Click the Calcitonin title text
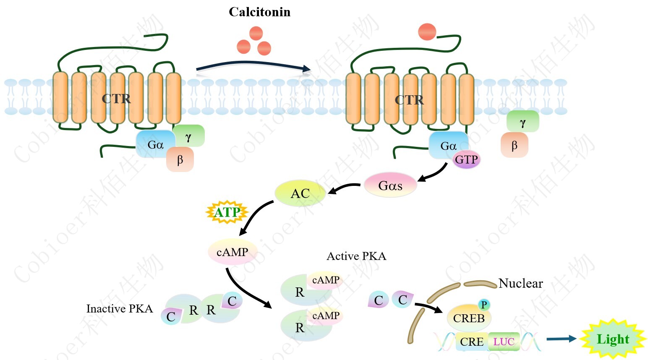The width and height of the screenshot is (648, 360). coord(259,12)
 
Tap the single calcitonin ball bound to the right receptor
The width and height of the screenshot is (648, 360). coord(427,32)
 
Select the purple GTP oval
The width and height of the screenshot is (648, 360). coord(466,160)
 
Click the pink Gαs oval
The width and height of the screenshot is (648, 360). coord(390,185)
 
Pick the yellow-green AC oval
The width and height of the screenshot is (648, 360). coord(300,193)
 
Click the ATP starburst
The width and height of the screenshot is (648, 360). coord(227,212)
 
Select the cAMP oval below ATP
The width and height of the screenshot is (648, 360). coord(233,252)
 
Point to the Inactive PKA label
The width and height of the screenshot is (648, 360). coord(120,309)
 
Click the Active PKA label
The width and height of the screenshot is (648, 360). coord(356,256)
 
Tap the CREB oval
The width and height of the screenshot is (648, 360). coord(469,318)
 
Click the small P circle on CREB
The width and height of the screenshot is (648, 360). coord(484,305)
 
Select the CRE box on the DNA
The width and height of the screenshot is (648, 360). coord(472,342)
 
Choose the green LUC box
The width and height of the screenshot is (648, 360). coord(504,342)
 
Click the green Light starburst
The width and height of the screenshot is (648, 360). coord(613,339)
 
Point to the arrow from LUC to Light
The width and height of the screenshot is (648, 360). coord(561,339)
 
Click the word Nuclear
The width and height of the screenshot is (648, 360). coord(520,284)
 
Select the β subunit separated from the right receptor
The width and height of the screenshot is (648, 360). coord(514,146)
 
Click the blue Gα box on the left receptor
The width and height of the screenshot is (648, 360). coord(155,144)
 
